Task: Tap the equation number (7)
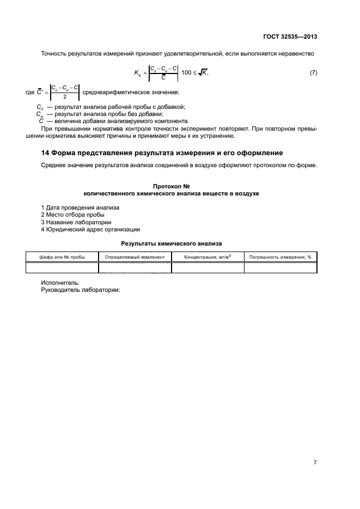coord(313,72)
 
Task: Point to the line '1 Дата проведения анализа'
coord(80,208)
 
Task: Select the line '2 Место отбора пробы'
coord(72,215)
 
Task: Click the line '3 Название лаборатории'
coord(76,222)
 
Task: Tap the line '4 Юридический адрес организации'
coord(90,229)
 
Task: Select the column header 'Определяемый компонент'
coord(135,256)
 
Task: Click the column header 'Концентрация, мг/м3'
coord(208,256)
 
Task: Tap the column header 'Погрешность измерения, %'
coord(280,256)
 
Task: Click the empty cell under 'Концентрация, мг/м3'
coord(208,267)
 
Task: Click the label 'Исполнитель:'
coord(60,283)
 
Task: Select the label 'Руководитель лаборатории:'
coord(80,289)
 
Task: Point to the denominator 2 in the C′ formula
coord(64,96)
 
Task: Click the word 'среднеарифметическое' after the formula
coord(116,92)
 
